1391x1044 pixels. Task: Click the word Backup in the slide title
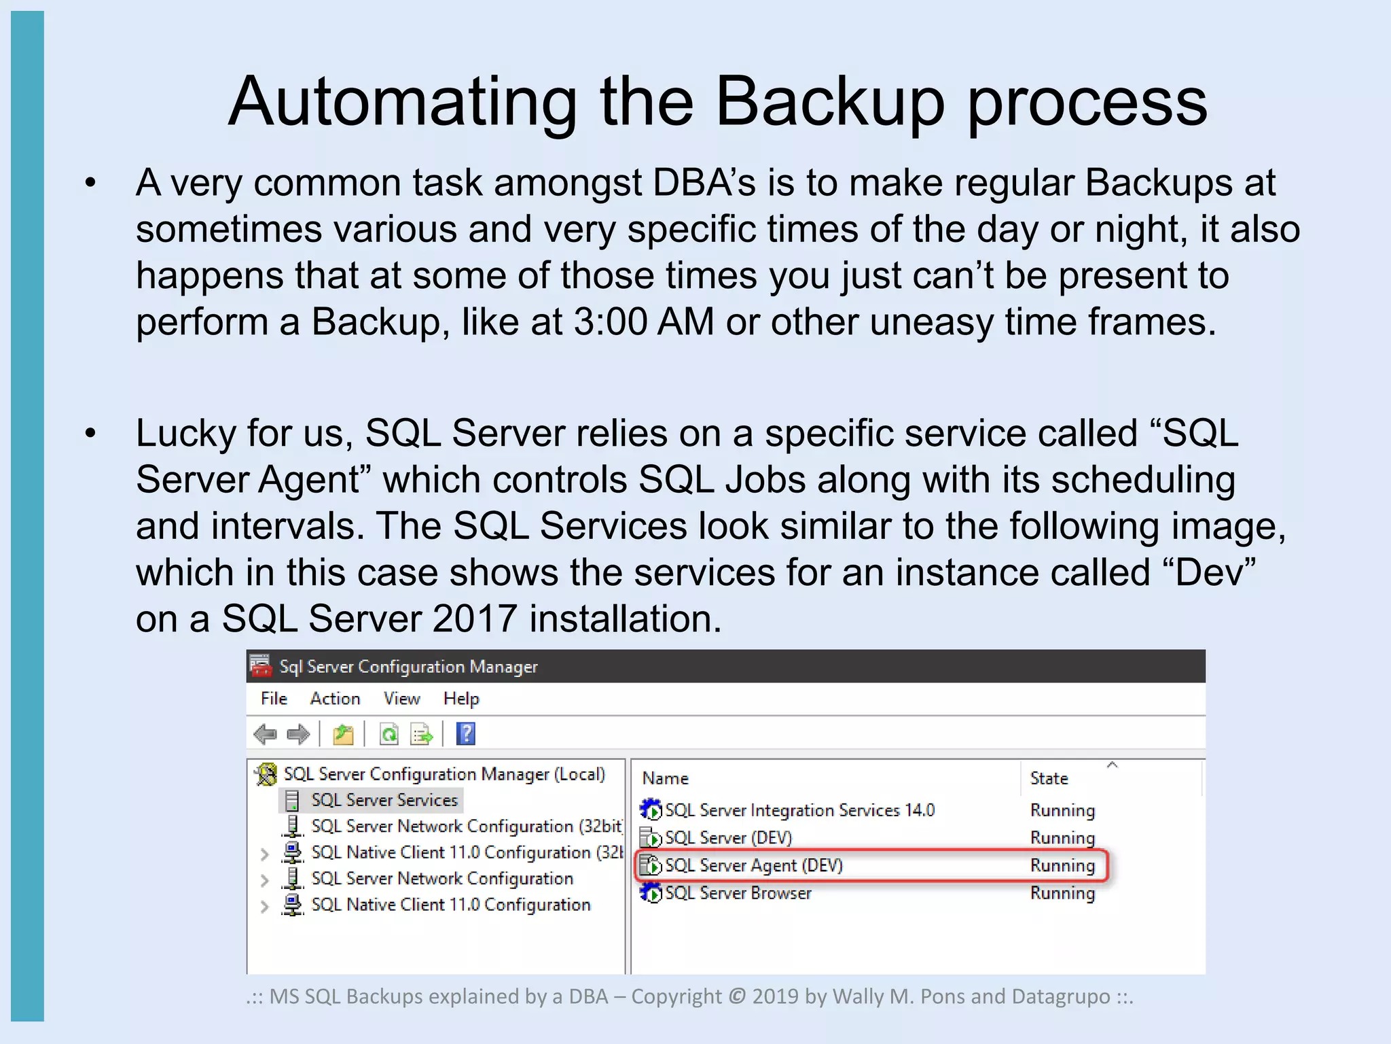click(829, 102)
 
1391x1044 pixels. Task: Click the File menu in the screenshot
click(274, 699)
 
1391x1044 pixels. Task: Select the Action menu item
click(335, 699)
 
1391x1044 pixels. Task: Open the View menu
click(401, 699)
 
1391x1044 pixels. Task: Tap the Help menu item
click(461, 699)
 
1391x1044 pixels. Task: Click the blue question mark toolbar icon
click(466, 734)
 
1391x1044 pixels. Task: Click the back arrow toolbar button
click(265, 734)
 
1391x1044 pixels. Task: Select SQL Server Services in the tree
click(384, 800)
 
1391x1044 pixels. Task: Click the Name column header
click(666, 778)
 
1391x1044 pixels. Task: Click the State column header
click(1049, 778)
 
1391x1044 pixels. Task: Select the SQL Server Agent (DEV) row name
click(754, 865)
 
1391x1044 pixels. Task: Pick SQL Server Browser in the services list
click(738, 893)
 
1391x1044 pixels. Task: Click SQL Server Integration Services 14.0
click(799, 810)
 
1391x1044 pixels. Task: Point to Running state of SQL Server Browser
click(1062, 893)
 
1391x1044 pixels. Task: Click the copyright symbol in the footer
click(737, 996)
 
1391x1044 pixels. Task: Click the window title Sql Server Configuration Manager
click(408, 667)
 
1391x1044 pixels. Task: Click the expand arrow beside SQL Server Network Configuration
click(264, 880)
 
